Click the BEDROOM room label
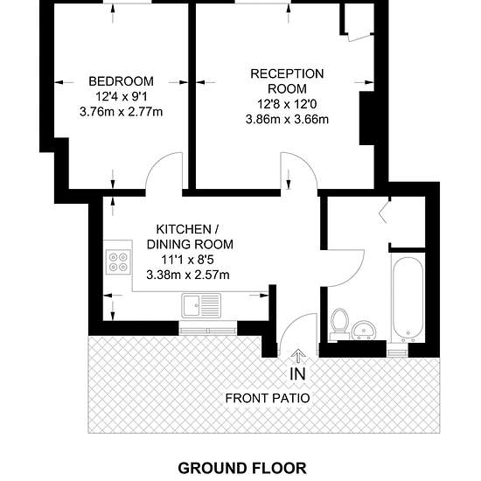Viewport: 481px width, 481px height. coord(122,81)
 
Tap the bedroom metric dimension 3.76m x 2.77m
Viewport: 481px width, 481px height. coord(122,112)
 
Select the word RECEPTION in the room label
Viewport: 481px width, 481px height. coord(287,74)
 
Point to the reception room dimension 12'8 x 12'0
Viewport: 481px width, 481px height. coord(287,104)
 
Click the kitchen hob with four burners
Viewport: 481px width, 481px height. coord(118,262)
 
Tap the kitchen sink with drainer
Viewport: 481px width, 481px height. coord(201,305)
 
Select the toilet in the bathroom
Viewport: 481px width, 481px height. coord(339,324)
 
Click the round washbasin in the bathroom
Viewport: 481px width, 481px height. coord(364,331)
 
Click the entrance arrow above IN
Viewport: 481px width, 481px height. coord(298,357)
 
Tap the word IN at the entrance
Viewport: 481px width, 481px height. coord(298,373)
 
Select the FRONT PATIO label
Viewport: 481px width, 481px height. coord(268,398)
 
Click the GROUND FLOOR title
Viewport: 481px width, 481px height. coord(242,469)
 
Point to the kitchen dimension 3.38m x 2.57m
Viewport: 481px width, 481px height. coord(188,275)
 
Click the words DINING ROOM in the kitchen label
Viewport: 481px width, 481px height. coord(190,245)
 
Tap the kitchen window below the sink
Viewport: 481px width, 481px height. coord(208,331)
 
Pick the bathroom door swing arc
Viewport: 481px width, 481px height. coord(352,276)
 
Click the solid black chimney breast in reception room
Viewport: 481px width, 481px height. coord(366,118)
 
